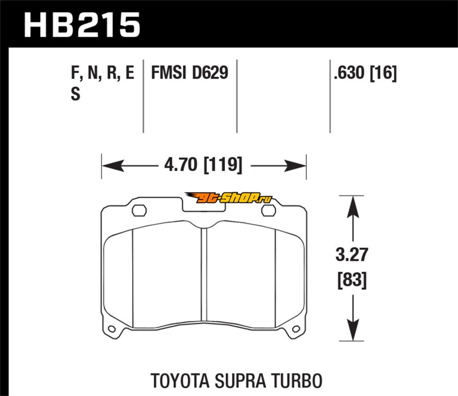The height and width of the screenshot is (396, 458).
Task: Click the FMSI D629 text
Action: tap(189, 73)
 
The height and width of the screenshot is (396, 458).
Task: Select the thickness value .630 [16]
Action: tap(364, 73)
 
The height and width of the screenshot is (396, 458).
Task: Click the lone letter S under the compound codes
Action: tap(74, 95)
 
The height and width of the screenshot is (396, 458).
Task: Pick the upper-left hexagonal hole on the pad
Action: tap(138, 210)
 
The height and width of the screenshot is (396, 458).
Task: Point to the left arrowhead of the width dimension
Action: tap(109, 167)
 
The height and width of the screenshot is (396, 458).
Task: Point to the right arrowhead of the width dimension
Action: tap(299, 167)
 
